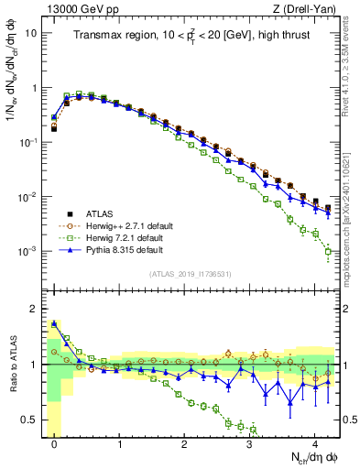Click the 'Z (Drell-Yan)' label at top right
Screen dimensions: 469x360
(309, 9)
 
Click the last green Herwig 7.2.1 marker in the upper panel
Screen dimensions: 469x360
(328, 251)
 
